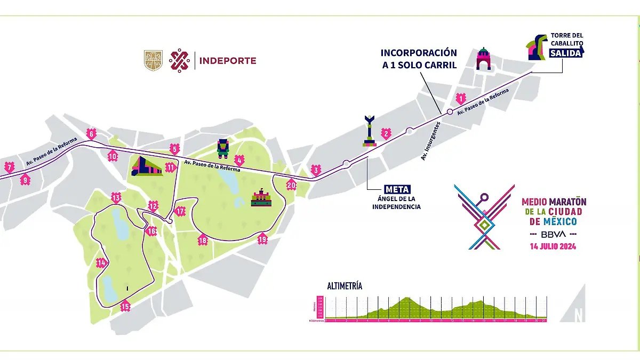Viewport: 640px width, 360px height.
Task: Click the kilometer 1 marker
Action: (461, 98)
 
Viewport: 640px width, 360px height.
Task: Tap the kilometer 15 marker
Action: (125, 306)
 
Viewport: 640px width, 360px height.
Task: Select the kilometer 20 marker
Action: (291, 185)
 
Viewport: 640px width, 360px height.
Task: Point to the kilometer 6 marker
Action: (91, 134)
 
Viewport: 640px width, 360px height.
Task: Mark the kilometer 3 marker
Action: (316, 171)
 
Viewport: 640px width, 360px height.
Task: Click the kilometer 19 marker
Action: (262, 239)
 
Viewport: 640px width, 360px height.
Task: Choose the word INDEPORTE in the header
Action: (228, 61)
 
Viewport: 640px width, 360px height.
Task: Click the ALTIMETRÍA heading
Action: (345, 286)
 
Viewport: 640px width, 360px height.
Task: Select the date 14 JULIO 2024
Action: (553, 246)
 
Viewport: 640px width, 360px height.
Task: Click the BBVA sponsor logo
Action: (553, 234)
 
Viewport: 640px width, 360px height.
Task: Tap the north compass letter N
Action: (578, 315)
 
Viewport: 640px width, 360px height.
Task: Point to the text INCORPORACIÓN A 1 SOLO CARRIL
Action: (419, 58)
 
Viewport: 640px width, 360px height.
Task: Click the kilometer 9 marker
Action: (25, 180)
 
